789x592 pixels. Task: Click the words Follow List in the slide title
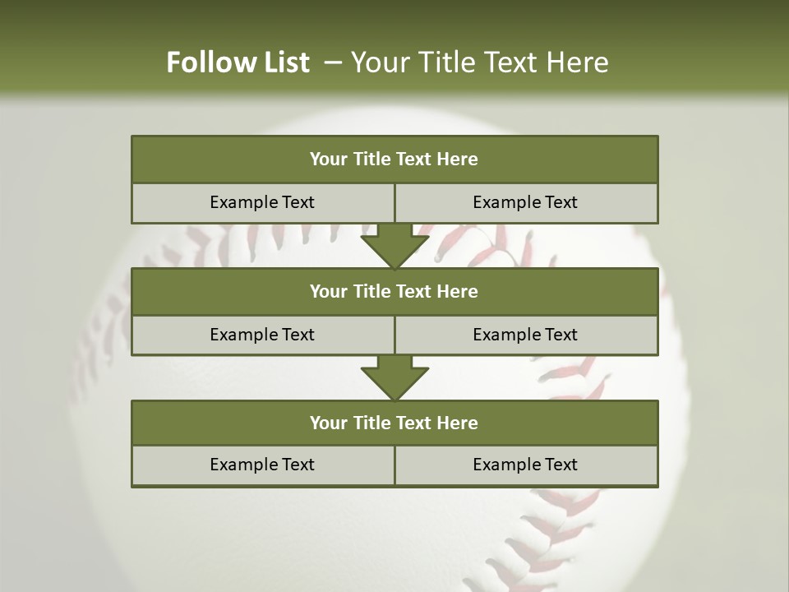tap(238, 62)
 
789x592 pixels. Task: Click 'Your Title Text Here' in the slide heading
tap(479, 62)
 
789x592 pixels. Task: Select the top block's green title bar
tap(394, 160)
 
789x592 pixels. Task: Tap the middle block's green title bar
tap(394, 291)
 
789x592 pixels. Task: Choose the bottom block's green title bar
tap(394, 423)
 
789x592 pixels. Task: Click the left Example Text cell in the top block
tap(262, 202)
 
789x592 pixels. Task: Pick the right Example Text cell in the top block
tap(525, 202)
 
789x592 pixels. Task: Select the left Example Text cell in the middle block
tap(262, 335)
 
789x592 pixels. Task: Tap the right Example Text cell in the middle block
tap(525, 335)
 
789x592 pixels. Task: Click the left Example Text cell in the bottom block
tap(262, 465)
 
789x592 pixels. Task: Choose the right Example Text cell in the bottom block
tap(525, 465)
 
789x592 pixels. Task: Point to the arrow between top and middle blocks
tap(394, 245)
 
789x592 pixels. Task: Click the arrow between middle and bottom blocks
tap(394, 377)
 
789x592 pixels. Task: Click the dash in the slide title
tap(333, 62)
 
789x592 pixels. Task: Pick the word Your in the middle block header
tap(329, 291)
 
